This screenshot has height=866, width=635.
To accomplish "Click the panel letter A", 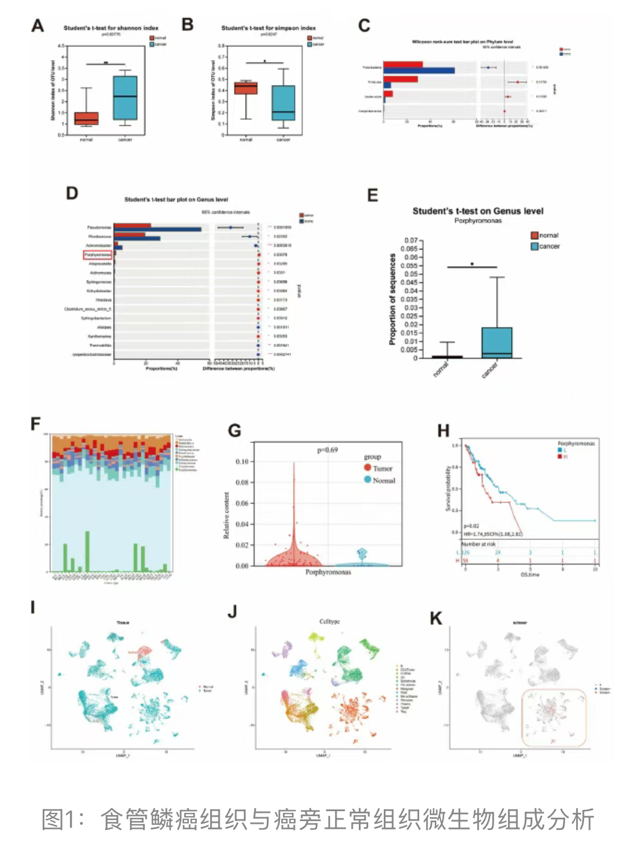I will [x=37, y=26].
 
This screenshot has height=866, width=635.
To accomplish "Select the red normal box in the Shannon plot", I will [x=87, y=118].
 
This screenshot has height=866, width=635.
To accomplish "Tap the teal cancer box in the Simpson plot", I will [x=283, y=103].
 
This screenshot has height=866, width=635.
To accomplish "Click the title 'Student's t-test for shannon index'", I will [x=111, y=28].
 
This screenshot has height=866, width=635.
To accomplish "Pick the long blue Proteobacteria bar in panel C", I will [x=419, y=70].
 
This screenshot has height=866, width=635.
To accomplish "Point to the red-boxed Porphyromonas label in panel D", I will [x=98, y=254].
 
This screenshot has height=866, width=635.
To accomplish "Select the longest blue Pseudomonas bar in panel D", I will [x=158, y=230].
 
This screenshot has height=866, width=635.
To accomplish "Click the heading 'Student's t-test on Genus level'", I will [x=477, y=211].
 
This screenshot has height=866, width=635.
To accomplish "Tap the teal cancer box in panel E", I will [x=497, y=343].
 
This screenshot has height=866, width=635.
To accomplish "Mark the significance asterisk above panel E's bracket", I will [x=472, y=264].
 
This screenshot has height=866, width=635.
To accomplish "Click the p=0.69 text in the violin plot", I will [x=327, y=450].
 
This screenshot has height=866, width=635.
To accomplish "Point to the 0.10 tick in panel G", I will [x=242, y=461].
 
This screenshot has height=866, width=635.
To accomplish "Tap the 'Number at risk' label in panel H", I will [x=479, y=544].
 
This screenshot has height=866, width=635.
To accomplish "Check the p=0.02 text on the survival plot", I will [x=471, y=526].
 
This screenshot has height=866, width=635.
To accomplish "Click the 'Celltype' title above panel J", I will [x=329, y=622].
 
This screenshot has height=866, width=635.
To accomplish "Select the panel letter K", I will [x=436, y=619].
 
